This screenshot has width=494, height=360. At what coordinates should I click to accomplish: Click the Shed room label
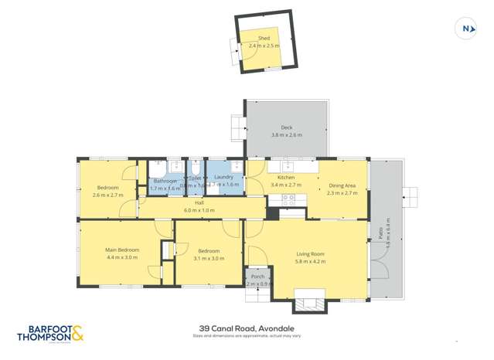(264, 38)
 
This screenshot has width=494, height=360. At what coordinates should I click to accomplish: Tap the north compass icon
(466, 29)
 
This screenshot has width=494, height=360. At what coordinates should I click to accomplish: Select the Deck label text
(286, 127)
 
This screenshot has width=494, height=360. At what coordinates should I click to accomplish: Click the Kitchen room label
(286, 178)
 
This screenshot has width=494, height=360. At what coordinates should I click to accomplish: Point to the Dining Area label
(342, 185)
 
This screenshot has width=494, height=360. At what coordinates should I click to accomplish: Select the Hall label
(199, 202)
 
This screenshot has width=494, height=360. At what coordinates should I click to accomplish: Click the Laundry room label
(223, 177)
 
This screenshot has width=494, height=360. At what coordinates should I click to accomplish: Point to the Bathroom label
(165, 181)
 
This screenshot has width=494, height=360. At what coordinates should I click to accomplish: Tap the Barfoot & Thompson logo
(51, 333)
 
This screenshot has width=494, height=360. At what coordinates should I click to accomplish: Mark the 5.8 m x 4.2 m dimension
(310, 261)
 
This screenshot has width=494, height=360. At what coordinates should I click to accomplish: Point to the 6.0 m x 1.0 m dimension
(199, 210)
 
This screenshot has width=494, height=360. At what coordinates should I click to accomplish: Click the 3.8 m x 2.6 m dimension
(286, 135)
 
